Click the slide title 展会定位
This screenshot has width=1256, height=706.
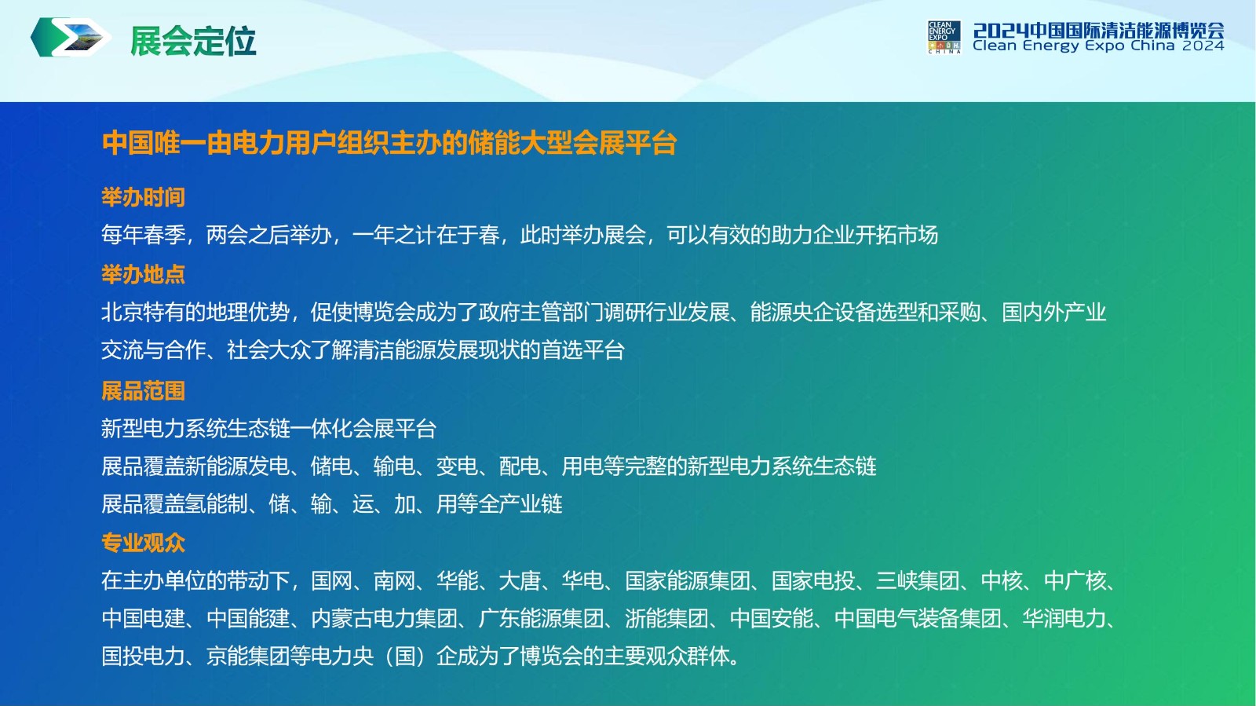193,41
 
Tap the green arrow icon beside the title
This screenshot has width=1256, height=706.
70,37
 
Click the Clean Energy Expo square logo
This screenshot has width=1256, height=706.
944,37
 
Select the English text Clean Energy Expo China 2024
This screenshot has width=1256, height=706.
1098,46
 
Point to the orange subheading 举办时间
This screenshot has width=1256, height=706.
143,197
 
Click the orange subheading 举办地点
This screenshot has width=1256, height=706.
143,275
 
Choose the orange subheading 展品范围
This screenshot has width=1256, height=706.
143,391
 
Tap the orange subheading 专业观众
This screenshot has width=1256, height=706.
143,543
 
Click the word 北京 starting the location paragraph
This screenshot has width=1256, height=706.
122,313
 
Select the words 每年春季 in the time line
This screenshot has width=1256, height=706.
143,235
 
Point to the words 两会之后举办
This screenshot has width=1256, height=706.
268,235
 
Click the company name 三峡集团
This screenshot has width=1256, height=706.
918,581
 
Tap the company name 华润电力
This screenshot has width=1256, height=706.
1064,619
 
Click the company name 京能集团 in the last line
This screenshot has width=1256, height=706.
248,656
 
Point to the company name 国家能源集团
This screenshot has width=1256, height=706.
688,581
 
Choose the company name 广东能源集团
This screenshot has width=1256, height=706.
541,619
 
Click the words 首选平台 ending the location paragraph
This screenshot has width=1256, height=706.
582,350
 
